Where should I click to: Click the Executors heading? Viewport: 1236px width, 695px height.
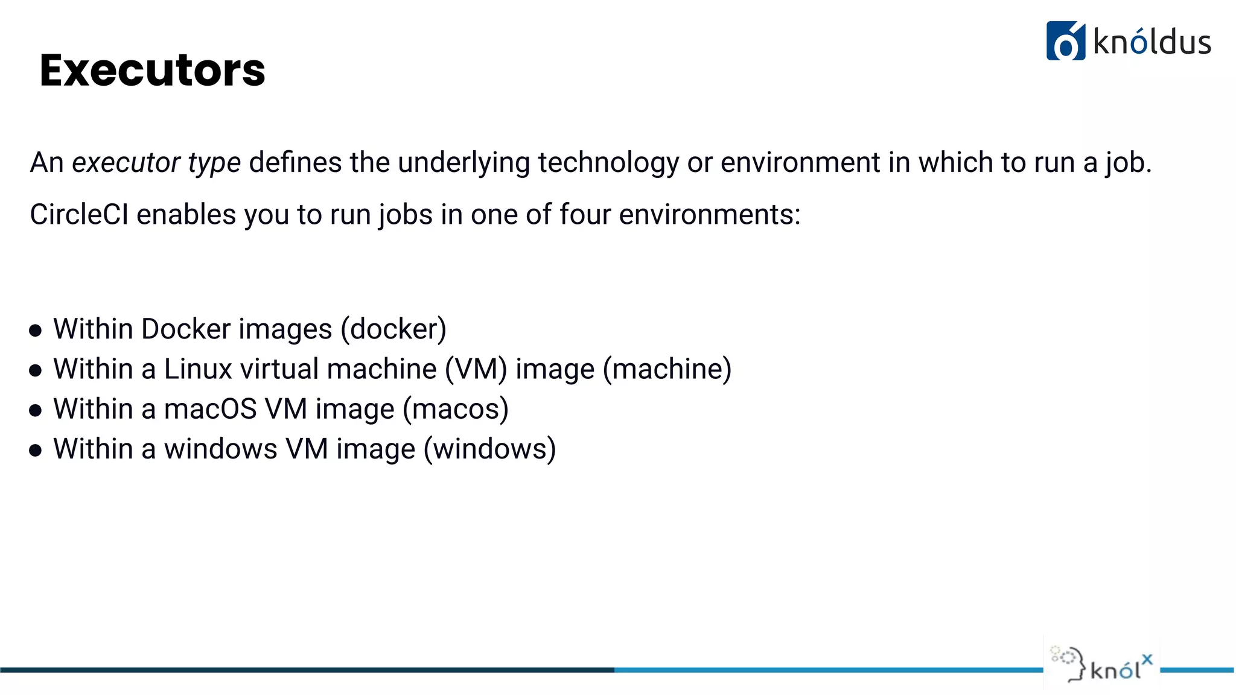coord(152,70)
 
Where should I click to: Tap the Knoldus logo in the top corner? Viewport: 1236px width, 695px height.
coord(1128,41)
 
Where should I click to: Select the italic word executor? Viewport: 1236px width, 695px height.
coord(126,162)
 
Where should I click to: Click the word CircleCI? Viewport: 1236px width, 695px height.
coord(79,214)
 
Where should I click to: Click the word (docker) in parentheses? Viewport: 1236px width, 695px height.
coord(393,329)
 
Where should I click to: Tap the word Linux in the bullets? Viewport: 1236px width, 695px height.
coord(198,369)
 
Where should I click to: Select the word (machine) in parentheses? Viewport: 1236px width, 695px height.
coord(667,369)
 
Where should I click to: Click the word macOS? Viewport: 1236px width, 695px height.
coord(211,408)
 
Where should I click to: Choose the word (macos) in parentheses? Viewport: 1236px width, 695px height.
coord(456,408)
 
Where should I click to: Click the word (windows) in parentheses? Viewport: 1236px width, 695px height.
coord(489,449)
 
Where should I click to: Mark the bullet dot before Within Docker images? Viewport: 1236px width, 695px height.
coord(36,330)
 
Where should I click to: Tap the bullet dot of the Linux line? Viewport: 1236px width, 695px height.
coord(36,370)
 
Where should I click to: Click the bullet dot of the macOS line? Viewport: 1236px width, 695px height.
coord(36,410)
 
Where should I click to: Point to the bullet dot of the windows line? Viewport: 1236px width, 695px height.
coord(36,450)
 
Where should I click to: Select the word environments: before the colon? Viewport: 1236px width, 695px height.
coord(710,214)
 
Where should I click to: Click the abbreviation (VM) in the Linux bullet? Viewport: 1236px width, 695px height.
coord(476,369)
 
